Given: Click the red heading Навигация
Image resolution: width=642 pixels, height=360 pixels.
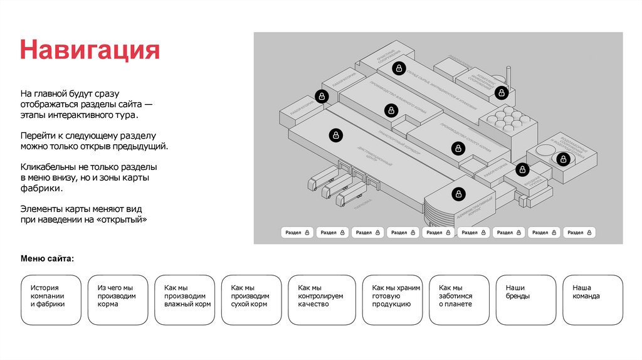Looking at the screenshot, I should pos(90,50).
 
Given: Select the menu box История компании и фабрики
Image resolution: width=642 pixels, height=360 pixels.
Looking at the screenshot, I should pos(50,300).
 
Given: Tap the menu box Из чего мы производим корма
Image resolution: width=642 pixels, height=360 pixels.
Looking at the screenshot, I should pos(117,300).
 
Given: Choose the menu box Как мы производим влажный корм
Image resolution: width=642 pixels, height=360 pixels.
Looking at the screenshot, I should pos(184,300).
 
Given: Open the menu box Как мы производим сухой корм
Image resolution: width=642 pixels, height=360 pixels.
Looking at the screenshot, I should pos(251,300).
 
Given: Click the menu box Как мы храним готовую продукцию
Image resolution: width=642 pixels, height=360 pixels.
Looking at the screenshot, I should pos(392,300).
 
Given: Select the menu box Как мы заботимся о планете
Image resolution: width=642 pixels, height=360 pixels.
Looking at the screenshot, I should pos(459,300).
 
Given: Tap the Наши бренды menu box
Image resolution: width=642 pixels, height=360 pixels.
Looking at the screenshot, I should pos(526,300).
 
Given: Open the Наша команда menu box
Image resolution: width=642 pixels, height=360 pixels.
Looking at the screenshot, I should pos(593,300).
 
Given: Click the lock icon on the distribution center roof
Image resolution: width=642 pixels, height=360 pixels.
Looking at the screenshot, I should pos(336,135).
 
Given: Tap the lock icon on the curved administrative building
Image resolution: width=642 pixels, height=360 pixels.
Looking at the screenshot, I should pos(458,194).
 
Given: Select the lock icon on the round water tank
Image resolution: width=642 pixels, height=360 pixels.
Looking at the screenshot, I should pos(563,159).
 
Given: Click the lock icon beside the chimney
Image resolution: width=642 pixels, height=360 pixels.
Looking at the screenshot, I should pos(501,93).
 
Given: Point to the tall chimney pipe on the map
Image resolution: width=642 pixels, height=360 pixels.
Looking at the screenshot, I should pos(509,78).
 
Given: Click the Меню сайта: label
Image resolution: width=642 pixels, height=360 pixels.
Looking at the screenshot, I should pos(47,258).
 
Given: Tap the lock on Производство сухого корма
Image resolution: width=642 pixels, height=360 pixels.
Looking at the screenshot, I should pos(458,149).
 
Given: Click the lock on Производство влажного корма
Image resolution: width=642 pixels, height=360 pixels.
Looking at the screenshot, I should pos(391,111).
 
